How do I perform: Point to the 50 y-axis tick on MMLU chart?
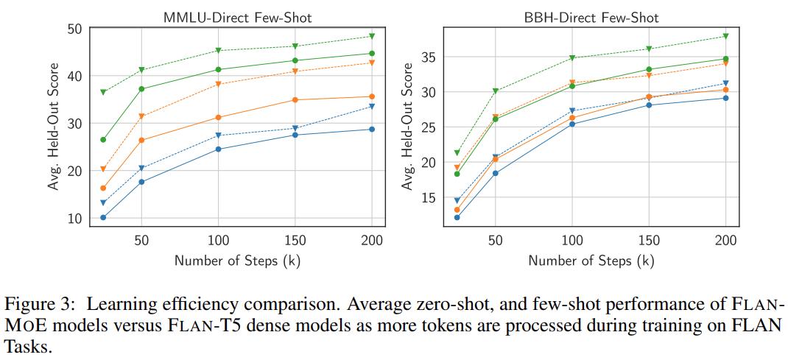(75, 29)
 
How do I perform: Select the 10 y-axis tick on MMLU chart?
(75, 218)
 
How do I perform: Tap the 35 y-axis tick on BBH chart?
(429, 57)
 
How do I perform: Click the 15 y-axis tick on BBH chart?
(429, 197)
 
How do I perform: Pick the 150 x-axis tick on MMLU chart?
(295, 241)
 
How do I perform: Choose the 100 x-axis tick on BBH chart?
(571, 241)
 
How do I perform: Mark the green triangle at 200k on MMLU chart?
(371, 36)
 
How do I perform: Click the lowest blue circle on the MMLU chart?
(103, 217)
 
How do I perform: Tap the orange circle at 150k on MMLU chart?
(295, 99)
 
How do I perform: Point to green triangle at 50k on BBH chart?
(495, 91)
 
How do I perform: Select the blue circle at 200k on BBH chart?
(725, 98)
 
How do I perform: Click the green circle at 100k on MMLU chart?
(218, 69)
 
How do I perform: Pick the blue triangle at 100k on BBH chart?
(571, 111)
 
